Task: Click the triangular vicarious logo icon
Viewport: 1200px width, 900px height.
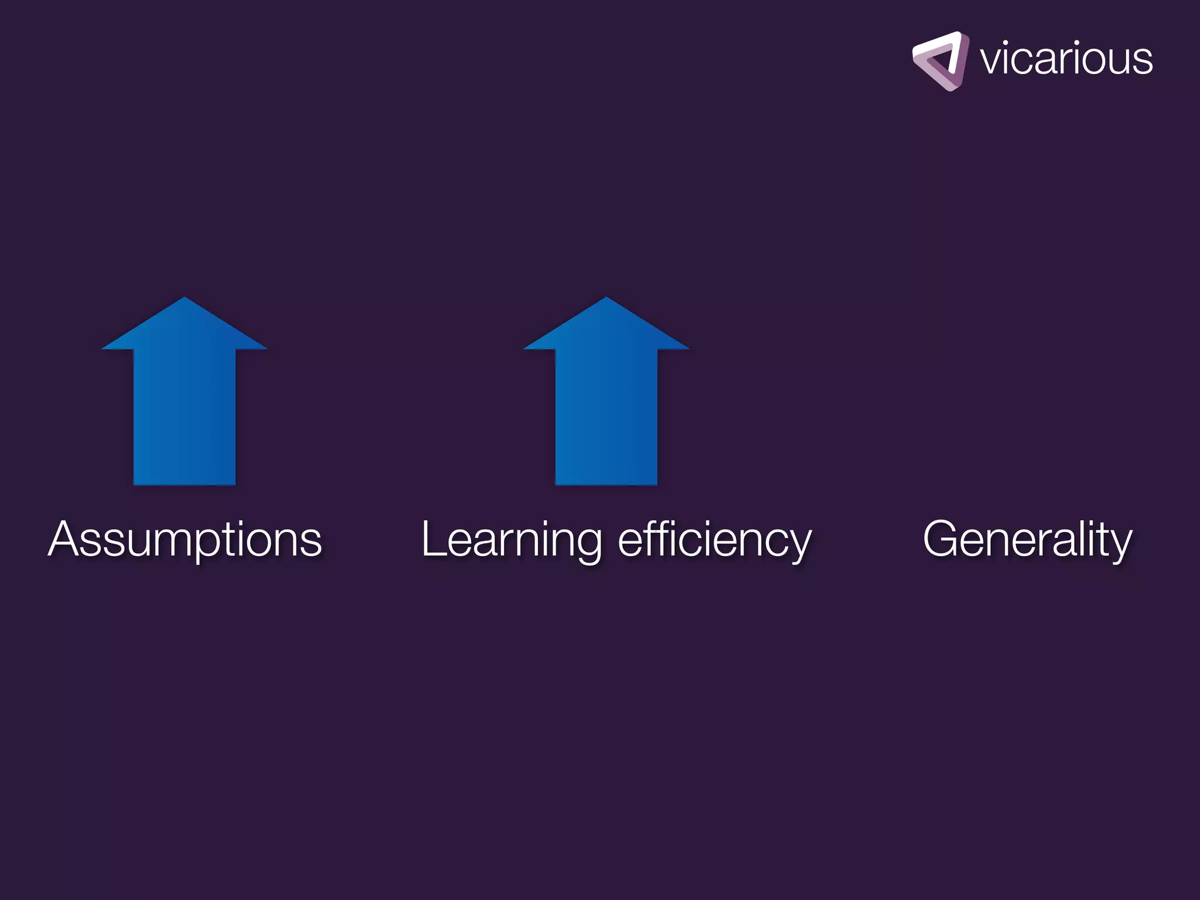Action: point(940,61)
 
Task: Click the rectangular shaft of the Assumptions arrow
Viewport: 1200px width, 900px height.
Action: point(185,416)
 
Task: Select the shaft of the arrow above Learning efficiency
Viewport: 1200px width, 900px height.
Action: point(606,416)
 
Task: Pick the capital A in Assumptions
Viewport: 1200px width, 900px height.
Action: point(66,539)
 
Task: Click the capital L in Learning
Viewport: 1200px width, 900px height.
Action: point(433,539)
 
